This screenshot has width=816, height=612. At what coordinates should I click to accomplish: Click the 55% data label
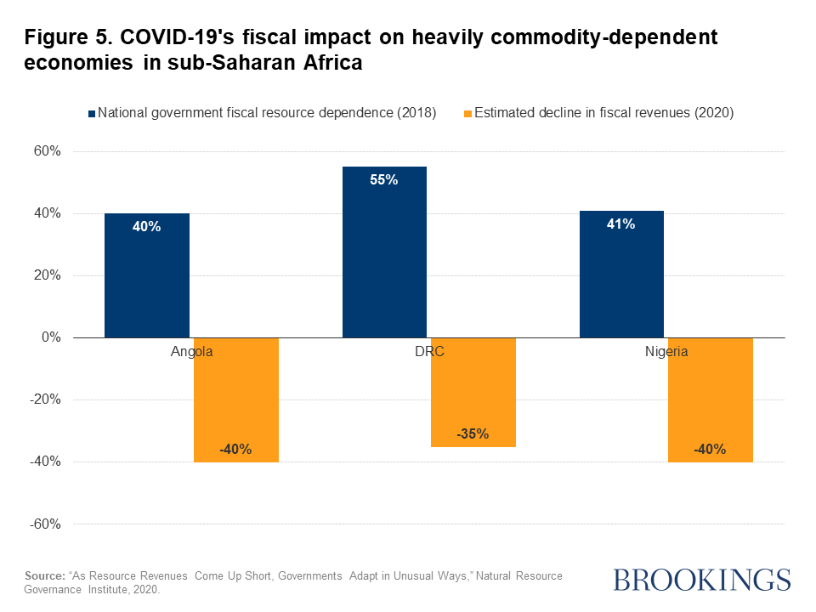(x=384, y=180)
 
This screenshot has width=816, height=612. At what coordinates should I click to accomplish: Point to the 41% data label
(x=621, y=224)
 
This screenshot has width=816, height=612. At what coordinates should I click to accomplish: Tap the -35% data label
(x=473, y=433)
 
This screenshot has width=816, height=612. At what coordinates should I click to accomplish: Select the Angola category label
(x=191, y=351)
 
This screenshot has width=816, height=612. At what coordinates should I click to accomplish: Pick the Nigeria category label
(x=666, y=351)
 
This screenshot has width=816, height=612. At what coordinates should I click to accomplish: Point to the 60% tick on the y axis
(x=47, y=151)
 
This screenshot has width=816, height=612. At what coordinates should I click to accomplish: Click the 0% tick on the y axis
(x=51, y=337)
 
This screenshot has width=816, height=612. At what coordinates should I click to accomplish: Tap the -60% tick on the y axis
(x=45, y=524)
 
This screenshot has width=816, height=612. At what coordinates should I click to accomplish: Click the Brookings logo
(x=701, y=581)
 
